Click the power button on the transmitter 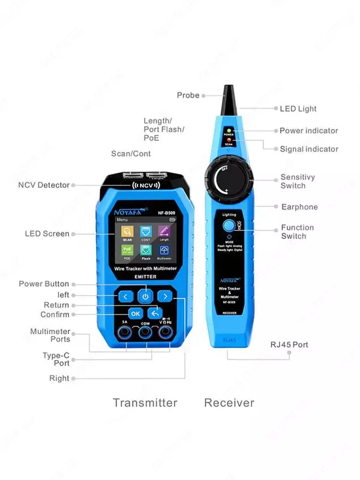[x=145, y=295]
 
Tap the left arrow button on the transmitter [x=125, y=296]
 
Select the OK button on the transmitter [x=136, y=313]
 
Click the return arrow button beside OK [x=155, y=313]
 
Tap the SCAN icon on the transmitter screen [x=127, y=233]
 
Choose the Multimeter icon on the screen [x=164, y=252]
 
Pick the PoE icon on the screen [x=127, y=251]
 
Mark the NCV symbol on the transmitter [x=145, y=185]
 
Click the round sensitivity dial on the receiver [x=228, y=179]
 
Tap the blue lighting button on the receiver [x=229, y=226]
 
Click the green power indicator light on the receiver [x=229, y=130]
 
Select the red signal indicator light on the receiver [x=229, y=140]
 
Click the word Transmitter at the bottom [x=145, y=403]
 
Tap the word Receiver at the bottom [x=229, y=403]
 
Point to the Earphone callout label [x=299, y=207]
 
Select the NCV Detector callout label [x=43, y=185]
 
